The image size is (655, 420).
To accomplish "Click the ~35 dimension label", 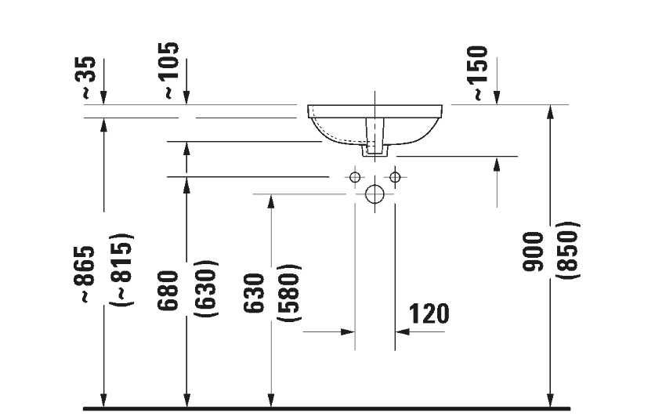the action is coord(89,78).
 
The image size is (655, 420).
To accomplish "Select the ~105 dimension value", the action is coord(171,71).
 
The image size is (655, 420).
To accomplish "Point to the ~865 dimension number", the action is coord(85,274).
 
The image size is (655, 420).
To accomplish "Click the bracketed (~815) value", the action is coord(123,270).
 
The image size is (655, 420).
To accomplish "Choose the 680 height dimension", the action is coord(168,291).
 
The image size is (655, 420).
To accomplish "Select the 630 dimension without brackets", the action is coord(254,293).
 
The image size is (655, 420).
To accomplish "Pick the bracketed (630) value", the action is coord(206,288).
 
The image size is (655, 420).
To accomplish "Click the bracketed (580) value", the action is coord(289,292).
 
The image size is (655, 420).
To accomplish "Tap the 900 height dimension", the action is coord(534,252).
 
